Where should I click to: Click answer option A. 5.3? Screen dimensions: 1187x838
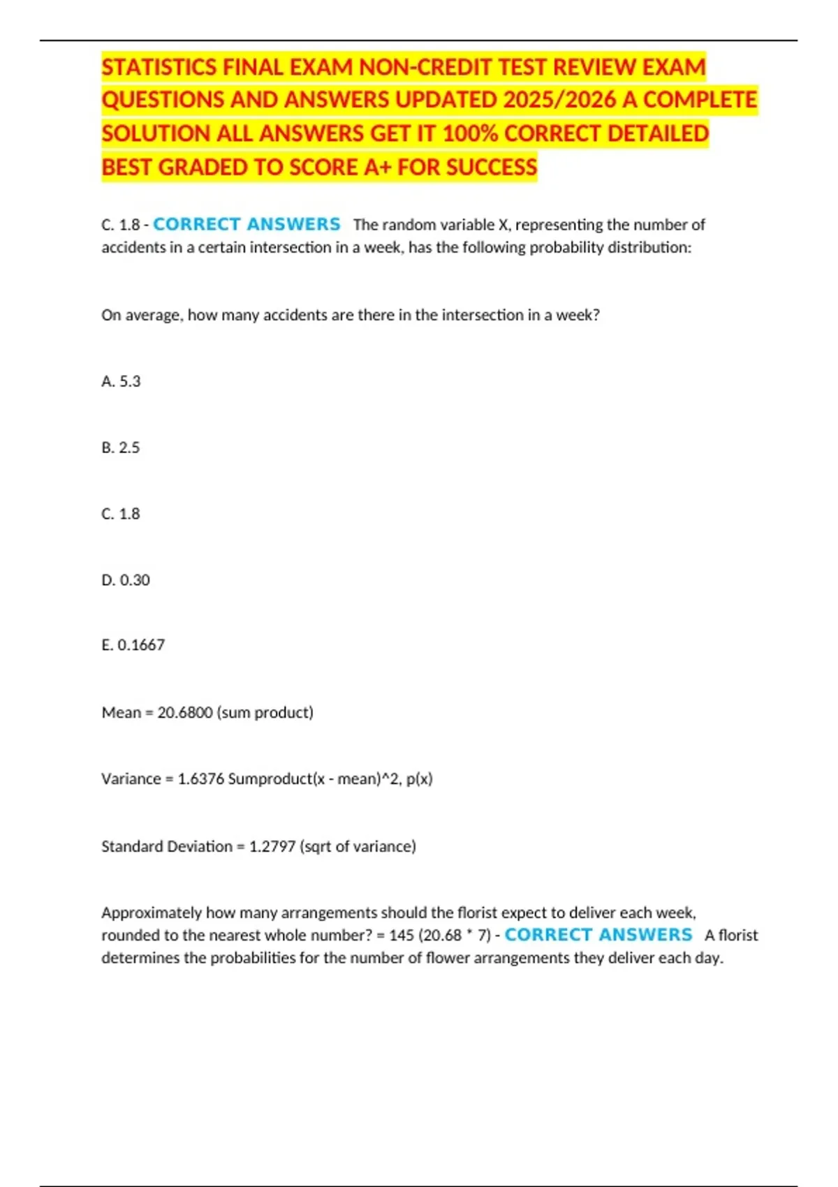pyautogui.click(x=121, y=381)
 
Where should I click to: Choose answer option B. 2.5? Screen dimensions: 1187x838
pyautogui.click(x=121, y=448)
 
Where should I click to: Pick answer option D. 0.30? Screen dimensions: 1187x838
pyautogui.click(x=126, y=580)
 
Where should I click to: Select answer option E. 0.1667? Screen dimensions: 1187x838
pyautogui.click(x=133, y=645)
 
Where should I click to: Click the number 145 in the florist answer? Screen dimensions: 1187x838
pyautogui.click(x=402, y=936)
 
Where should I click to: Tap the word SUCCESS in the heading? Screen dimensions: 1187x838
pyautogui.click(x=492, y=168)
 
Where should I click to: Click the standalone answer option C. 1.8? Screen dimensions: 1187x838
pyautogui.click(x=121, y=514)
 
